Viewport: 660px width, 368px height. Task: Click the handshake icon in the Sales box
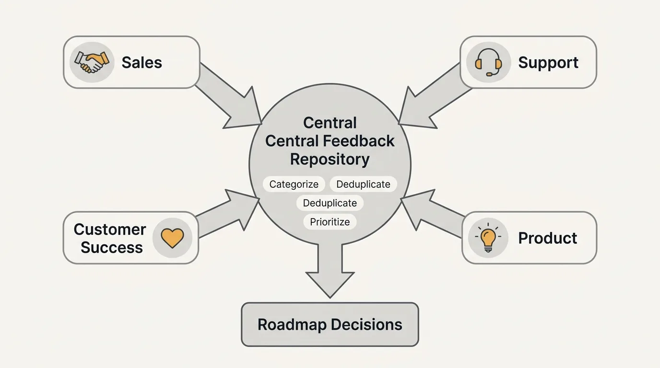[x=92, y=62]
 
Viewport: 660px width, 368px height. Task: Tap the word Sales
[x=141, y=62]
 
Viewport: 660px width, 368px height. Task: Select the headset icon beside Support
[x=488, y=63]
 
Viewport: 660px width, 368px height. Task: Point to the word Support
[x=548, y=63]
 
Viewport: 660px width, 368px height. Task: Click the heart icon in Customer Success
[x=172, y=238]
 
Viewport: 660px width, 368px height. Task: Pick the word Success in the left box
[x=112, y=247]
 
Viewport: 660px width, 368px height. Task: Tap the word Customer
[x=110, y=230]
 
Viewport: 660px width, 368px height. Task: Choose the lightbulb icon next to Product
[x=488, y=238]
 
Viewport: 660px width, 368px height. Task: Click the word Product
[x=547, y=238]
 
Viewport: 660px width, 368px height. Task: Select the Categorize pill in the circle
[x=294, y=184]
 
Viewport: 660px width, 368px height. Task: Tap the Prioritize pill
[x=330, y=222]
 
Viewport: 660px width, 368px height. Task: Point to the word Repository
[x=330, y=159]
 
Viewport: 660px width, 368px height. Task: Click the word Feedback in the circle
[x=359, y=141]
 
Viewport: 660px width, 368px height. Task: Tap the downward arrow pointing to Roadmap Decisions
[x=330, y=271]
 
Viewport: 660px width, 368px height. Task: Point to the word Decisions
[x=367, y=324]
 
